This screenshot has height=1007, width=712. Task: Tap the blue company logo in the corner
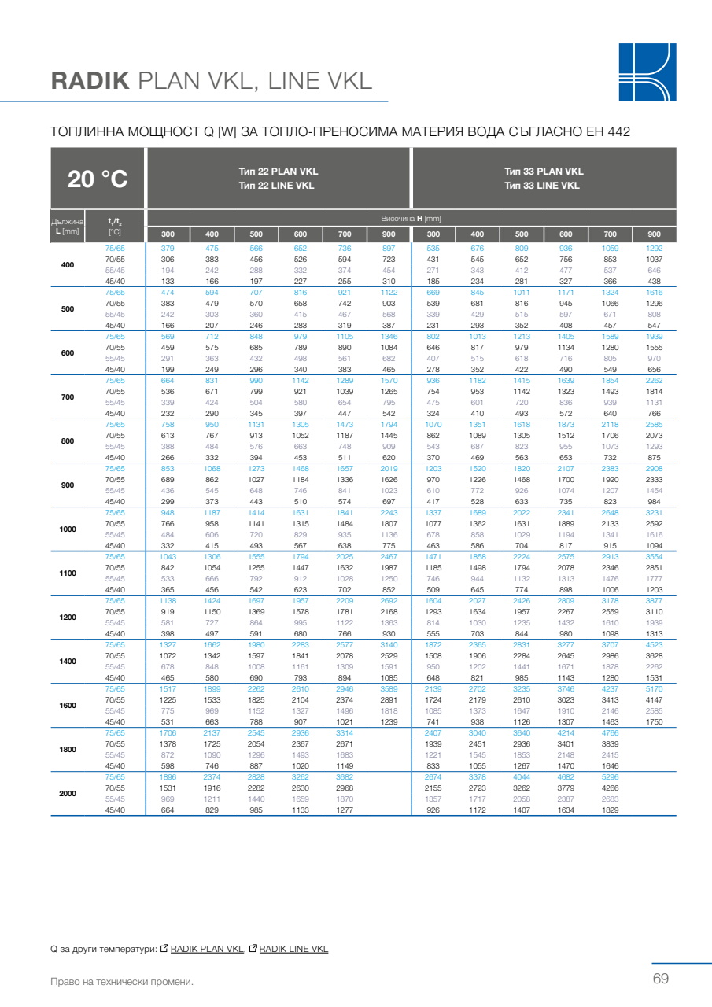647,72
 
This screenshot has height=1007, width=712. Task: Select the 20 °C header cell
98,179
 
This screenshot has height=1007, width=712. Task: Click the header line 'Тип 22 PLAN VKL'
279,171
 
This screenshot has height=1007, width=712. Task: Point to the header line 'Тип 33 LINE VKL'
544,186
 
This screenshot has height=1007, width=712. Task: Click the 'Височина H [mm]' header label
411,218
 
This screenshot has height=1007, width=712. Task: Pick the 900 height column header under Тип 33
654,234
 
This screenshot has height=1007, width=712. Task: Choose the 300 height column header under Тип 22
168,234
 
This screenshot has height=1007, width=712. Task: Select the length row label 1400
68,661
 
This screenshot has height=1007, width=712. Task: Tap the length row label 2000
68,793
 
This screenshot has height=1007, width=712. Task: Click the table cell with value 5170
654,688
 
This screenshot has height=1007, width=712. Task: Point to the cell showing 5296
610,776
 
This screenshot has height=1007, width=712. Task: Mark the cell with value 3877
654,600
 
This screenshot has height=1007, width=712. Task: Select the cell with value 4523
654,644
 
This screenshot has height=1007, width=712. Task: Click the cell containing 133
168,281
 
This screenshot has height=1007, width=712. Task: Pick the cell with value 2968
345,788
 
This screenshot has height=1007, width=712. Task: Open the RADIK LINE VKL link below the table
293,949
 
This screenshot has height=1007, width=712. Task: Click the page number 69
660,979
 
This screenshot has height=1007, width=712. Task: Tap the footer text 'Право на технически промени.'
121,981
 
